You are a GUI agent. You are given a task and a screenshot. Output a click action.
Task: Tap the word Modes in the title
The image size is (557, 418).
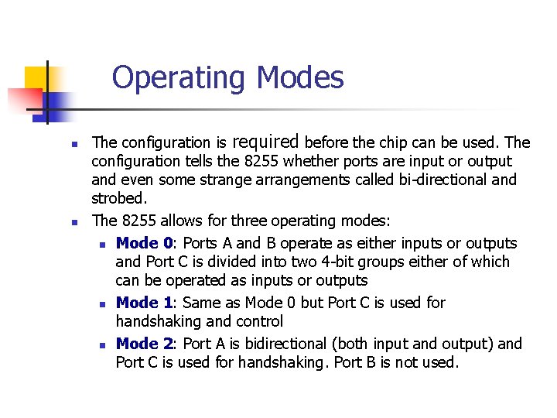click(300, 77)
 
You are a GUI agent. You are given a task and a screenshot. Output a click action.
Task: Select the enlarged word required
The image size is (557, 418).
click(265, 142)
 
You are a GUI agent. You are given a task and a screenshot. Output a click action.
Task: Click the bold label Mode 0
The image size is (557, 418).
click(149, 243)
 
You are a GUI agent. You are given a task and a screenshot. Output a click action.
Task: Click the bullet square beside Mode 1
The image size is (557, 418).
click(103, 303)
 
